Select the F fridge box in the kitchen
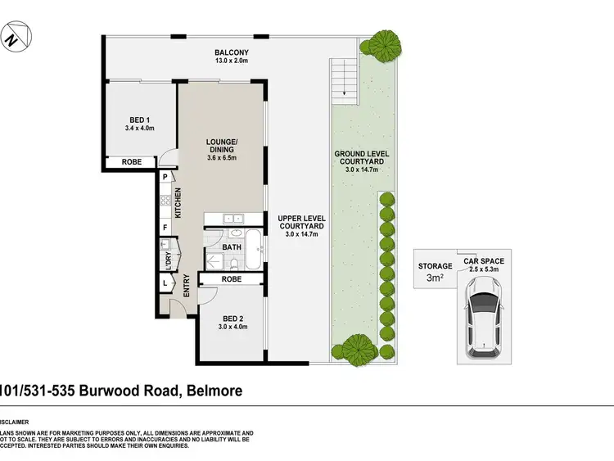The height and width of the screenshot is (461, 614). tap(165, 227)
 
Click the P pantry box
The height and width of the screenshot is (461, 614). tap(165, 177)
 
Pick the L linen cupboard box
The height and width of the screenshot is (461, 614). tap(165, 282)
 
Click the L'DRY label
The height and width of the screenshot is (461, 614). tap(168, 256)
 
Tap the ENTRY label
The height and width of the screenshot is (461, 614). tap(187, 286)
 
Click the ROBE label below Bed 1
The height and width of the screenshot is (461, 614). tap(131, 162)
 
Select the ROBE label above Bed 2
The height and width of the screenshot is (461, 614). tap(232, 279)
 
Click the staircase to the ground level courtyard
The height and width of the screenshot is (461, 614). tap(345, 81)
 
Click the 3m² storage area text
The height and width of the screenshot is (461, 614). tap(435, 278)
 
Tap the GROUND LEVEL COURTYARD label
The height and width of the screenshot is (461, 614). tap(361, 159)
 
